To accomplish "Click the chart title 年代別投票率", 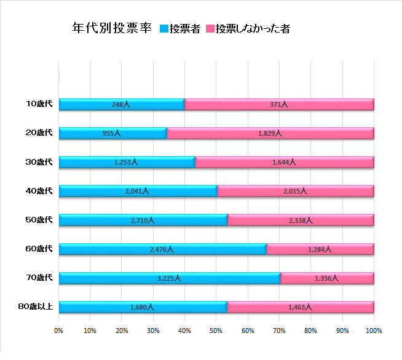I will pyautogui.click(x=111, y=29).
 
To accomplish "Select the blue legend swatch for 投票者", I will pyautogui.click(x=164, y=29).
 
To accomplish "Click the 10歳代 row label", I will pyautogui.click(x=39, y=104).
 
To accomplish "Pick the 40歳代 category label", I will pyautogui.click(x=39, y=190).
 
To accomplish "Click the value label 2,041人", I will pyautogui.click(x=136, y=191).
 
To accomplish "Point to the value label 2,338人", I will pyautogui.click(x=301, y=220).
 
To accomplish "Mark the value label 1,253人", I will pyautogui.click(x=126, y=162).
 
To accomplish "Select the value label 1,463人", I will pyautogui.click(x=300, y=307).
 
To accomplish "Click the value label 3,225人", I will pyautogui.click(x=169, y=278).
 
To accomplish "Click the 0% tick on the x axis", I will pyautogui.click(x=59, y=331).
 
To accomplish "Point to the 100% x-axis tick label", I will pyautogui.click(x=374, y=331).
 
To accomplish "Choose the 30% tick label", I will pyautogui.click(x=154, y=331).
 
